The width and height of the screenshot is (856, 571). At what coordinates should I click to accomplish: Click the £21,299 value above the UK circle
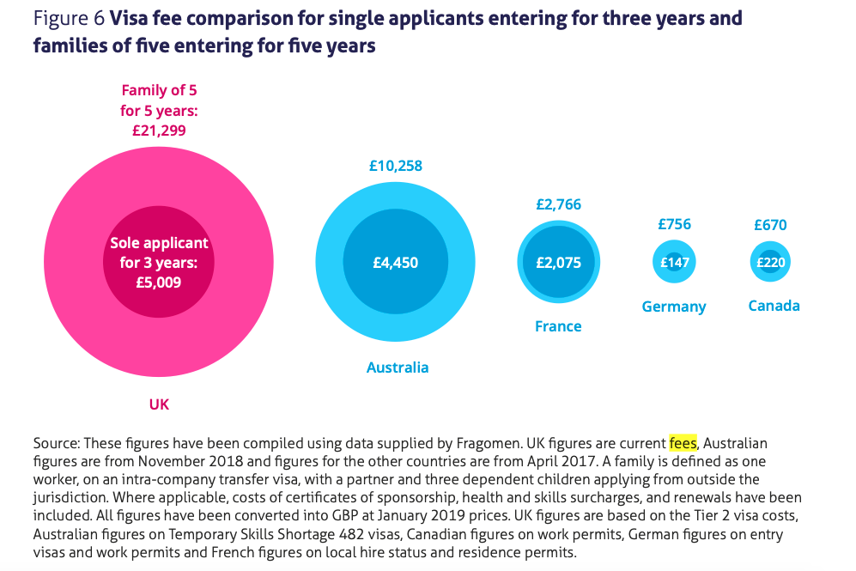point(159,131)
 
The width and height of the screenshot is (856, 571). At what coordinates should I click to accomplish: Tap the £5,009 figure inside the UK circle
point(159,281)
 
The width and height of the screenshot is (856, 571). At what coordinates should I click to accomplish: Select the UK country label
point(159,404)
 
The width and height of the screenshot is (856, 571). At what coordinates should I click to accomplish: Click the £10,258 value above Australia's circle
point(395,166)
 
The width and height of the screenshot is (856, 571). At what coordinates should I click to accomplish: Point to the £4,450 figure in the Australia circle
point(395,263)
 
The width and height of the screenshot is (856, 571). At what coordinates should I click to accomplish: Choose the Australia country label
point(397,368)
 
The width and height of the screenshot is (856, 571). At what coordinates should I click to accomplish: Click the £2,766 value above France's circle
point(558,204)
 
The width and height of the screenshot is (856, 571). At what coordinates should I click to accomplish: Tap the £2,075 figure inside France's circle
point(558,263)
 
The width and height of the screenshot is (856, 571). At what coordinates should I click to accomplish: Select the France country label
point(558,326)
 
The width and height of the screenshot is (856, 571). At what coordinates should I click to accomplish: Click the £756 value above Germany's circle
point(674,224)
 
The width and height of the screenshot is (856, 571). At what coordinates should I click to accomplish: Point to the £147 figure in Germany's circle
point(674,263)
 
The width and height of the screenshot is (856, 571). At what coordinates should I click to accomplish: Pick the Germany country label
point(674,307)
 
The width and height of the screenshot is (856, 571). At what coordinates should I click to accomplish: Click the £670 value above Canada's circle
point(770,225)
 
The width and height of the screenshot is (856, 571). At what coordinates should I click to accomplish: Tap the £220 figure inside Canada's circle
point(770,263)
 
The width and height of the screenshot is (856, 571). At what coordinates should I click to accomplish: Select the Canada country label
point(774,306)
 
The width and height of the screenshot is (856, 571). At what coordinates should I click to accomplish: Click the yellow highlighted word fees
point(683,443)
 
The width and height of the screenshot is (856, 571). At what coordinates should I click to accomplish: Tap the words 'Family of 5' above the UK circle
point(159,90)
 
